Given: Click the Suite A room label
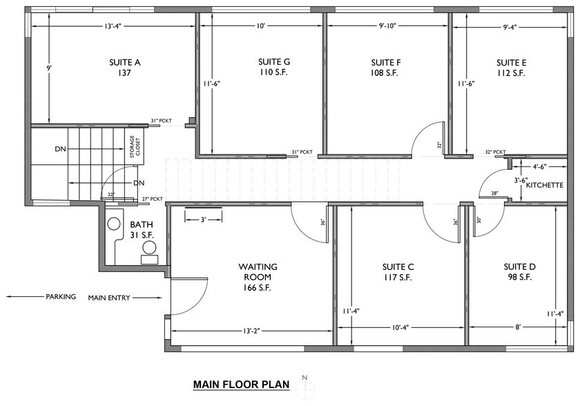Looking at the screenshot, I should tap(124, 62).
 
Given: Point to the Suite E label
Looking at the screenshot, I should tap(510, 62).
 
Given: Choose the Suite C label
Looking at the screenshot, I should tap(397, 267).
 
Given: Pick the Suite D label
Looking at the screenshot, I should tap(518, 267).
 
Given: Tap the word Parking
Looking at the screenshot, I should tap(61, 298).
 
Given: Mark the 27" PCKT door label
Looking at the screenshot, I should tap(153, 200).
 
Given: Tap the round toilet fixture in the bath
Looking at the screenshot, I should tap(113, 224).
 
